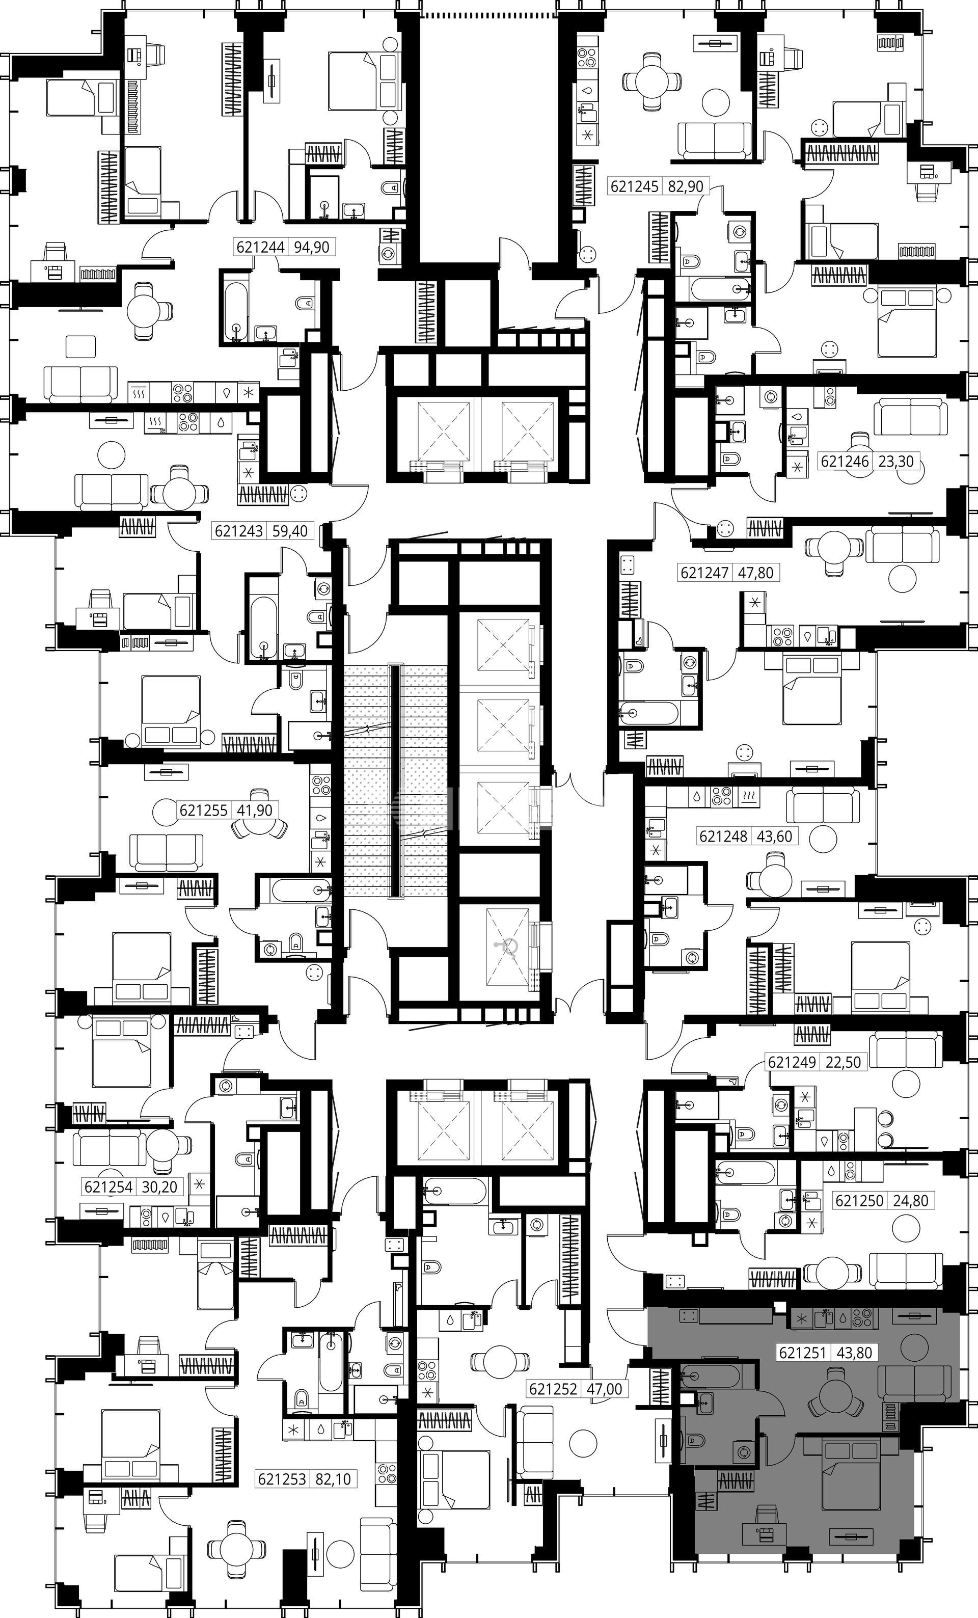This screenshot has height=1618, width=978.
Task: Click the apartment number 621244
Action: [x=261, y=247]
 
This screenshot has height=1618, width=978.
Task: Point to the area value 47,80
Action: [x=755, y=573]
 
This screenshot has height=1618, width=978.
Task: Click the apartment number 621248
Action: [x=723, y=837]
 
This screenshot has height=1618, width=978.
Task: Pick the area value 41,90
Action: [x=254, y=811]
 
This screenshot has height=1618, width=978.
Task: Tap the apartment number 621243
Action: [x=239, y=530]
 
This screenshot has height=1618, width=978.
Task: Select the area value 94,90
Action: [x=312, y=247]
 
